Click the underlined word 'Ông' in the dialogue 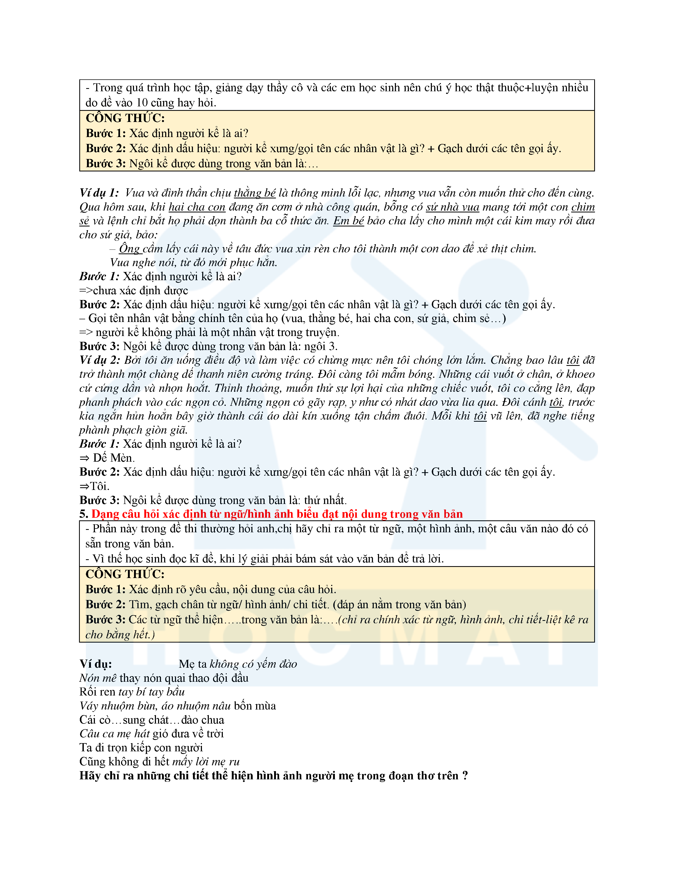tap(129, 249)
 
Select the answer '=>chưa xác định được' tap(134, 290)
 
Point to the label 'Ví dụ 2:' tap(100, 360)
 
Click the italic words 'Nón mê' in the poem tap(98, 678)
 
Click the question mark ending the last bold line tap(465, 776)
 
